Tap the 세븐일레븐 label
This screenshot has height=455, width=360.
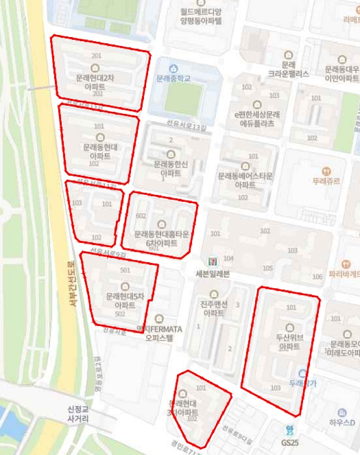211,273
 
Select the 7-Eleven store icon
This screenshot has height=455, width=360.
211,260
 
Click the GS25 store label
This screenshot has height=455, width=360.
290,443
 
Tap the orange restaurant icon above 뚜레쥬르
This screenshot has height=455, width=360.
326,169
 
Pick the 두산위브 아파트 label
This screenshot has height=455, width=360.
290,342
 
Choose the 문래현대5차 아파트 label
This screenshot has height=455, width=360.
125,300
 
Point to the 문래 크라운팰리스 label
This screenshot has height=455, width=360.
288,68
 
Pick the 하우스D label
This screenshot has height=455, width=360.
341,423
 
